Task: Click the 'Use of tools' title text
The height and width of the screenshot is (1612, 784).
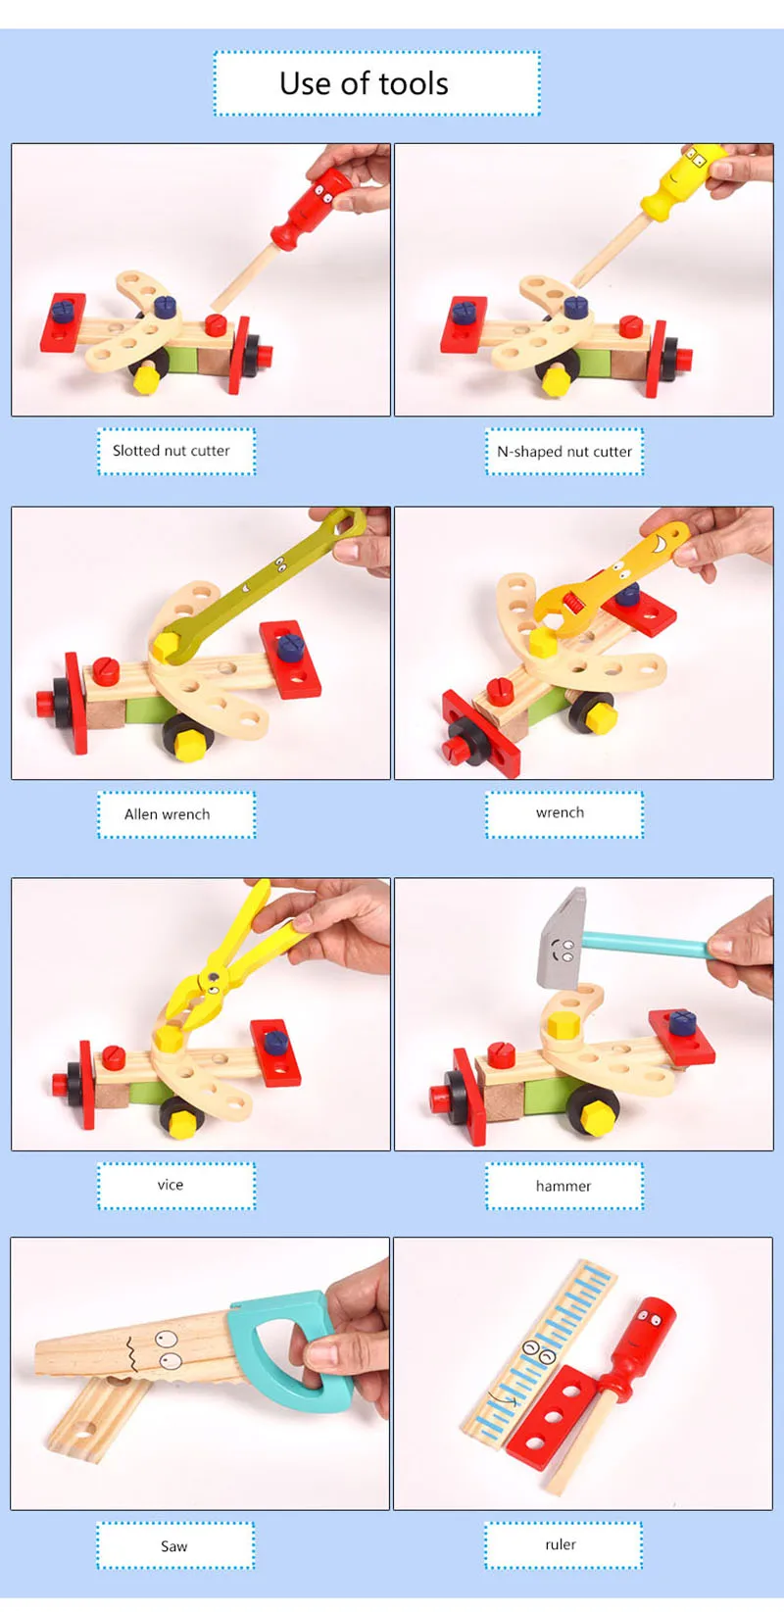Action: pyautogui.click(x=364, y=83)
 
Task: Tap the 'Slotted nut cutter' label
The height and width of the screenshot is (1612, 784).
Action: pyautogui.click(x=171, y=451)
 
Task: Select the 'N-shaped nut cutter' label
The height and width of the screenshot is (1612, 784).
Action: pyautogui.click(x=564, y=451)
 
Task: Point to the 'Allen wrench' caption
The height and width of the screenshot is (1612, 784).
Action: pyautogui.click(x=167, y=814)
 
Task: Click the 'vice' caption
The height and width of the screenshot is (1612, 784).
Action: pyautogui.click(x=171, y=1185)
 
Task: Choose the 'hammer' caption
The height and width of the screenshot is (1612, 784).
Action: pyautogui.click(x=563, y=1186)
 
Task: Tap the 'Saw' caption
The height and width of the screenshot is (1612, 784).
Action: pyautogui.click(x=173, y=1545)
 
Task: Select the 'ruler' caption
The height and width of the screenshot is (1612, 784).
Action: pyautogui.click(x=561, y=1544)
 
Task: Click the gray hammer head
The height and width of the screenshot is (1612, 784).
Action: pyautogui.click(x=563, y=938)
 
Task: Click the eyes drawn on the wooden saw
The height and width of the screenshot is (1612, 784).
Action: pyautogui.click(x=169, y=1349)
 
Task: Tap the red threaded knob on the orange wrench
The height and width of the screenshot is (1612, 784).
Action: pyautogui.click(x=572, y=600)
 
